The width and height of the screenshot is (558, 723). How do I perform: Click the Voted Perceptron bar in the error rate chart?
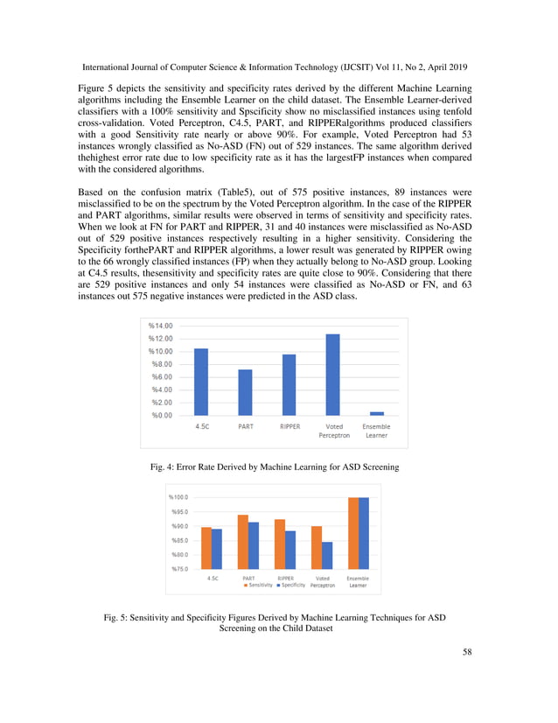tap(332, 375)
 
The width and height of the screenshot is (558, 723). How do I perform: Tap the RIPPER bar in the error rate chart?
tap(289, 384)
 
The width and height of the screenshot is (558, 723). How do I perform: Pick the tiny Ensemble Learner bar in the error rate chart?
tap(377, 413)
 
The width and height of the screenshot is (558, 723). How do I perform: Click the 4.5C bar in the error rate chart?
tap(201, 382)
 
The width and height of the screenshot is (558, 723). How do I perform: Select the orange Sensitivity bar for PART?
tap(242, 542)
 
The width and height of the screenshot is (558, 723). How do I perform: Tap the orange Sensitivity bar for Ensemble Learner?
tap(353, 533)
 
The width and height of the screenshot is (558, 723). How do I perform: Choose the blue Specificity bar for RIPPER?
tap(289, 550)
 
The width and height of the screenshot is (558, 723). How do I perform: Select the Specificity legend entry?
tap(290, 586)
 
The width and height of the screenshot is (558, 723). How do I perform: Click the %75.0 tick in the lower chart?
tap(178, 569)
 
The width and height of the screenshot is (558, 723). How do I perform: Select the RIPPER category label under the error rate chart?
tap(289, 427)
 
